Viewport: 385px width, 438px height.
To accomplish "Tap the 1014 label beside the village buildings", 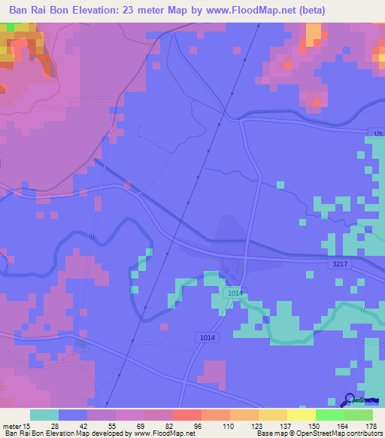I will click(234, 292).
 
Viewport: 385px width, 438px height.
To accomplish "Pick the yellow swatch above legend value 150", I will click(302, 415).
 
